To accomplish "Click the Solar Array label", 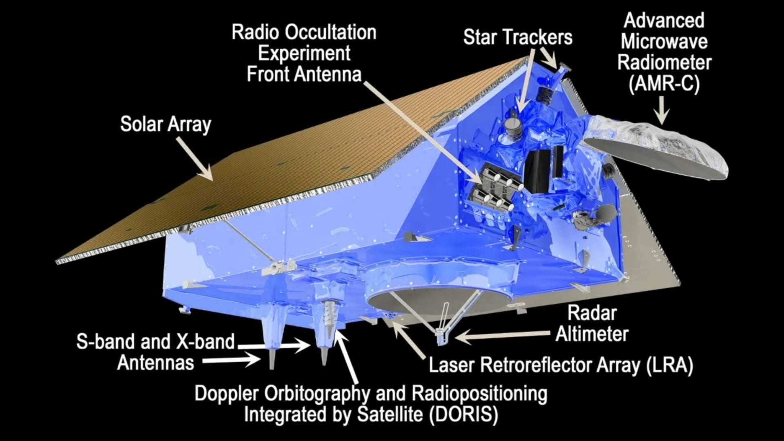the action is (165, 124).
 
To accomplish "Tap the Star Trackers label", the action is (518, 38).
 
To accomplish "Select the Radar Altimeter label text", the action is (592, 324).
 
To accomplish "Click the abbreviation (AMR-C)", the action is (664, 84).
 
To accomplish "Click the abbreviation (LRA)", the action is (670, 365).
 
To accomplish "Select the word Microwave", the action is (664, 42).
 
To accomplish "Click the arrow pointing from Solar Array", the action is (195, 159).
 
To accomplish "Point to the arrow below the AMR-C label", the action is (661, 111).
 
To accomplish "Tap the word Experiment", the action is (304, 53).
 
